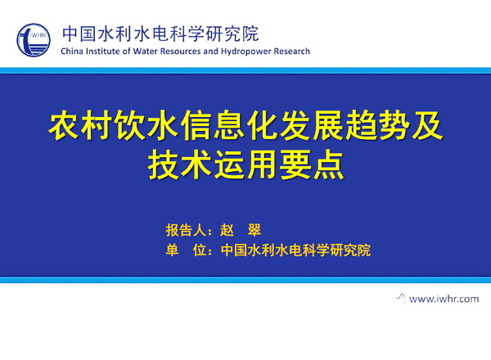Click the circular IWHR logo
click(x=34, y=40)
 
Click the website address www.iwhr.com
click(x=444, y=299)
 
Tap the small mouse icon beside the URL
click(x=401, y=298)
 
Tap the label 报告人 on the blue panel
click(x=186, y=231)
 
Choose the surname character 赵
click(x=227, y=231)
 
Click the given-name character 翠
click(x=254, y=231)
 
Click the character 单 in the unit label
click(x=172, y=250)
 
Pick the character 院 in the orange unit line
click(x=364, y=250)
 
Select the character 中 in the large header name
click(x=70, y=34)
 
